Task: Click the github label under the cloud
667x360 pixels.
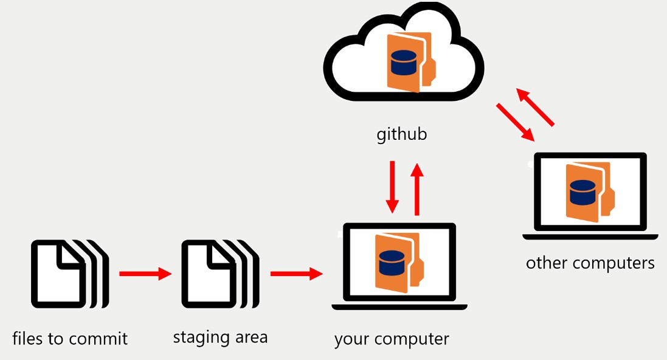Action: tap(401, 134)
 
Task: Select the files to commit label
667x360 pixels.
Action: tap(70, 338)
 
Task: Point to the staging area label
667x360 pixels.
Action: tap(220, 337)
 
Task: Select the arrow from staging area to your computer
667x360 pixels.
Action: tap(296, 274)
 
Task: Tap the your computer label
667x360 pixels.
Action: tap(392, 339)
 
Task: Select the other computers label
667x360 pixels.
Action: tap(590, 263)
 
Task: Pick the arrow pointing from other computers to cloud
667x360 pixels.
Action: tap(536, 107)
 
